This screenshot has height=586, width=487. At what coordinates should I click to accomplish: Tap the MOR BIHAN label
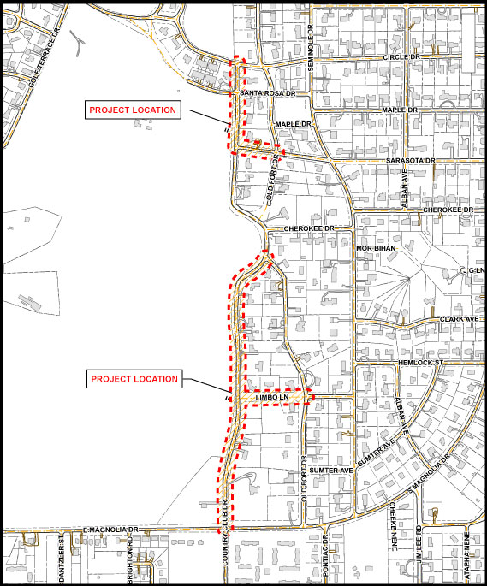coord(373,248)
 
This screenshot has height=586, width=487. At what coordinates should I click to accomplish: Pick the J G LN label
coord(472,271)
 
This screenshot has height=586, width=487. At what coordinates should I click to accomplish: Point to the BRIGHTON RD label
coord(130,563)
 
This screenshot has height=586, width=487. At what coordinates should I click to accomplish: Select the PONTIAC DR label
coord(326,560)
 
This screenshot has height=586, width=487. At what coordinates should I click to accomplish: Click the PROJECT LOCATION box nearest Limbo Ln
coord(134,379)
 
